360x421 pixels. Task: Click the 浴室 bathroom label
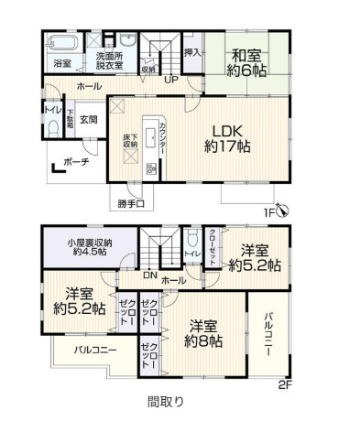tap(61, 64)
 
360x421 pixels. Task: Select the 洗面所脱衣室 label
tap(111, 60)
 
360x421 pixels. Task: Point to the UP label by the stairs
tap(169, 80)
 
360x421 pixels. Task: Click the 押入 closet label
tap(192, 52)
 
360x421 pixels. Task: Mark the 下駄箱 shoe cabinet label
tap(70, 119)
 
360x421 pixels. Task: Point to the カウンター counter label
tap(162, 136)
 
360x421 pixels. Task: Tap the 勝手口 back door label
tap(130, 202)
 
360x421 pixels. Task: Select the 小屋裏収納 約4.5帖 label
tap(89, 248)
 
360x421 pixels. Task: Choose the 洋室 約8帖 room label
tap(202, 333)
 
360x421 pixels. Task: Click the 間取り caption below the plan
tap(166, 401)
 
